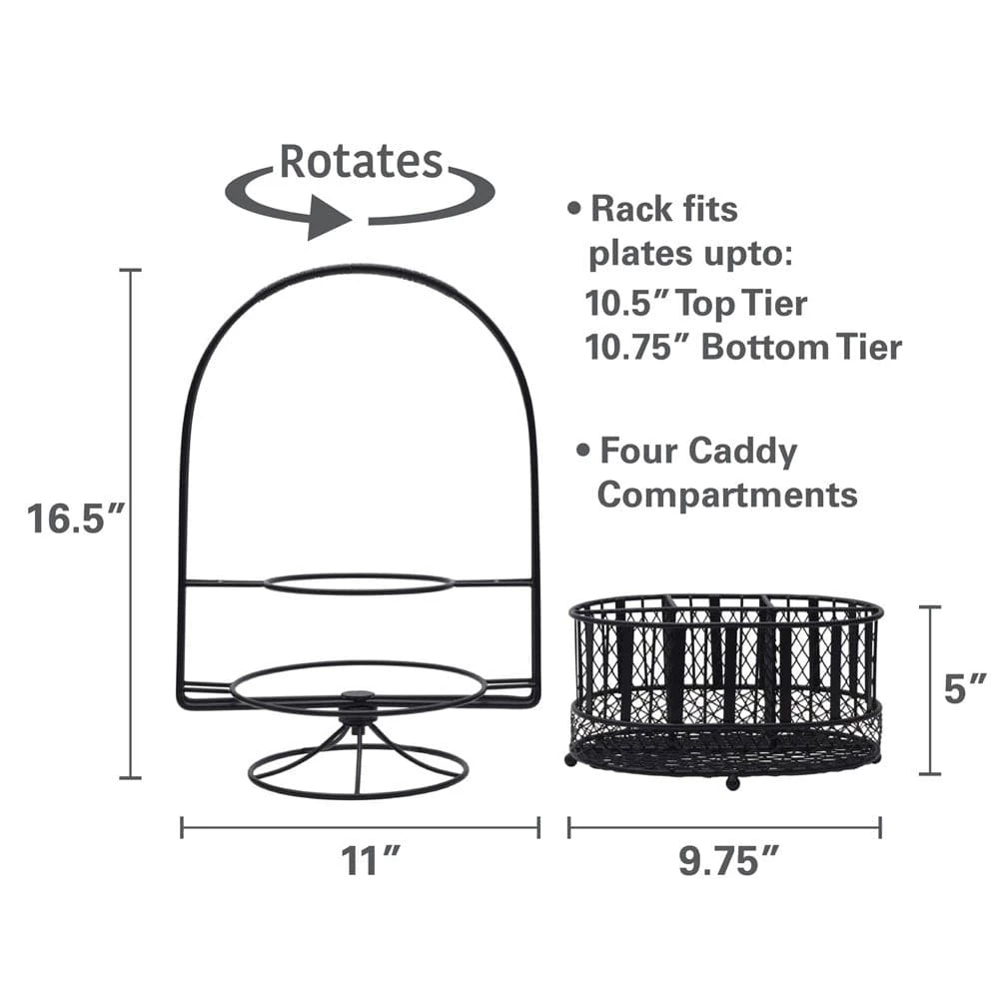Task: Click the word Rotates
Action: [x=360, y=162]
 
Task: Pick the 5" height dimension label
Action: [x=965, y=688]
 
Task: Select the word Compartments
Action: [x=727, y=495]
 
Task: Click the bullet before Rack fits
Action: [x=574, y=210]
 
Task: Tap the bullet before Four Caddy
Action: [x=583, y=452]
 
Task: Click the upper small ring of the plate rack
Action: [x=359, y=583]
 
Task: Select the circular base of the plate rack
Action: [x=358, y=774]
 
